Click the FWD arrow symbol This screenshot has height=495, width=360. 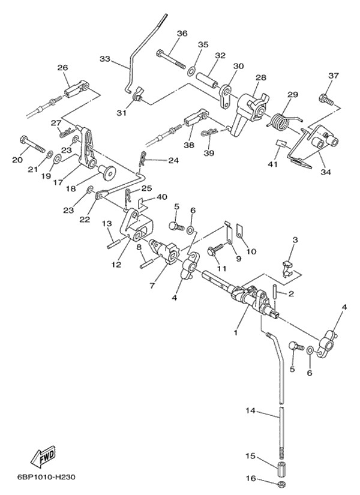(45, 458)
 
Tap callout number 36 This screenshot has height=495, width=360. (182, 33)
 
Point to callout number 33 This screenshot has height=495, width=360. (105, 59)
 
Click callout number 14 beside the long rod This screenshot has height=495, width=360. (251, 410)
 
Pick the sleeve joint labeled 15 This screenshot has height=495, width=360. (281, 466)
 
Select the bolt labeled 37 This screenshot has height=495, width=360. (326, 97)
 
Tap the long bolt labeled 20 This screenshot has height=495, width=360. (33, 144)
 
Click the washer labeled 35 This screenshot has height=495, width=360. (191, 71)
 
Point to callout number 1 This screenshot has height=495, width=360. (236, 332)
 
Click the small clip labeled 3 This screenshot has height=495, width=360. (287, 265)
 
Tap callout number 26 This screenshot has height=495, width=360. (62, 68)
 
